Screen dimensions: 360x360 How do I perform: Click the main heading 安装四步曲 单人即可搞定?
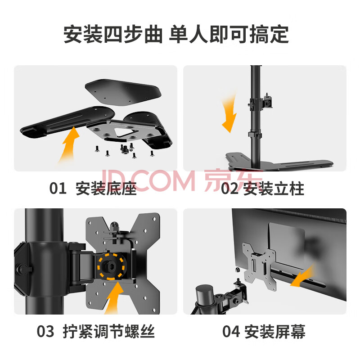(x=176, y=35)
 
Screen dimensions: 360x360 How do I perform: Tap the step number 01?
(x=58, y=188)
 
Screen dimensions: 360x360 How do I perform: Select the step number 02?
(x=229, y=189)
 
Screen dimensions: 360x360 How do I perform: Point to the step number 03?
(x=45, y=332)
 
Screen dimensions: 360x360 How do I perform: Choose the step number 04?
(x=231, y=332)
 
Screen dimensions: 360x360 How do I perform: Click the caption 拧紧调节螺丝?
(x=108, y=332)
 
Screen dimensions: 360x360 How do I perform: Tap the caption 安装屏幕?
(x=274, y=332)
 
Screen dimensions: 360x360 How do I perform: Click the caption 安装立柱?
(x=274, y=189)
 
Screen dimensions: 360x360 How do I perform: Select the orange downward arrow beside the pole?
(x=229, y=114)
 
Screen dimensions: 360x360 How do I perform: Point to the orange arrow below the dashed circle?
(x=114, y=298)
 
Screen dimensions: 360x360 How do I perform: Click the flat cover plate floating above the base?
(x=123, y=92)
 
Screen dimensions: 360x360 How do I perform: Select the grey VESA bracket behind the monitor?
(x=259, y=266)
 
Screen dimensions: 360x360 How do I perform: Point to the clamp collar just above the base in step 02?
(x=255, y=135)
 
